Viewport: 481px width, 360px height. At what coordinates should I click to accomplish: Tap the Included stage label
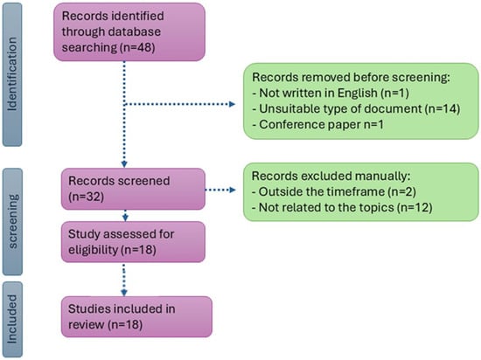14,319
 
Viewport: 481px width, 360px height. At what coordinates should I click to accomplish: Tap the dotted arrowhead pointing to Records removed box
233,107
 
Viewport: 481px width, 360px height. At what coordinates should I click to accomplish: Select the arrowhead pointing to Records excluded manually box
233,189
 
